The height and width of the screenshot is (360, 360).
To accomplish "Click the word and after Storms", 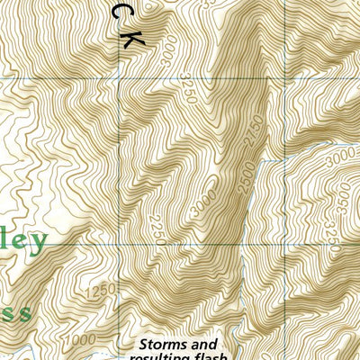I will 205,345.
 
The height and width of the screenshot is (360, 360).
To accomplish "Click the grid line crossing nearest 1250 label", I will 121,243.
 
